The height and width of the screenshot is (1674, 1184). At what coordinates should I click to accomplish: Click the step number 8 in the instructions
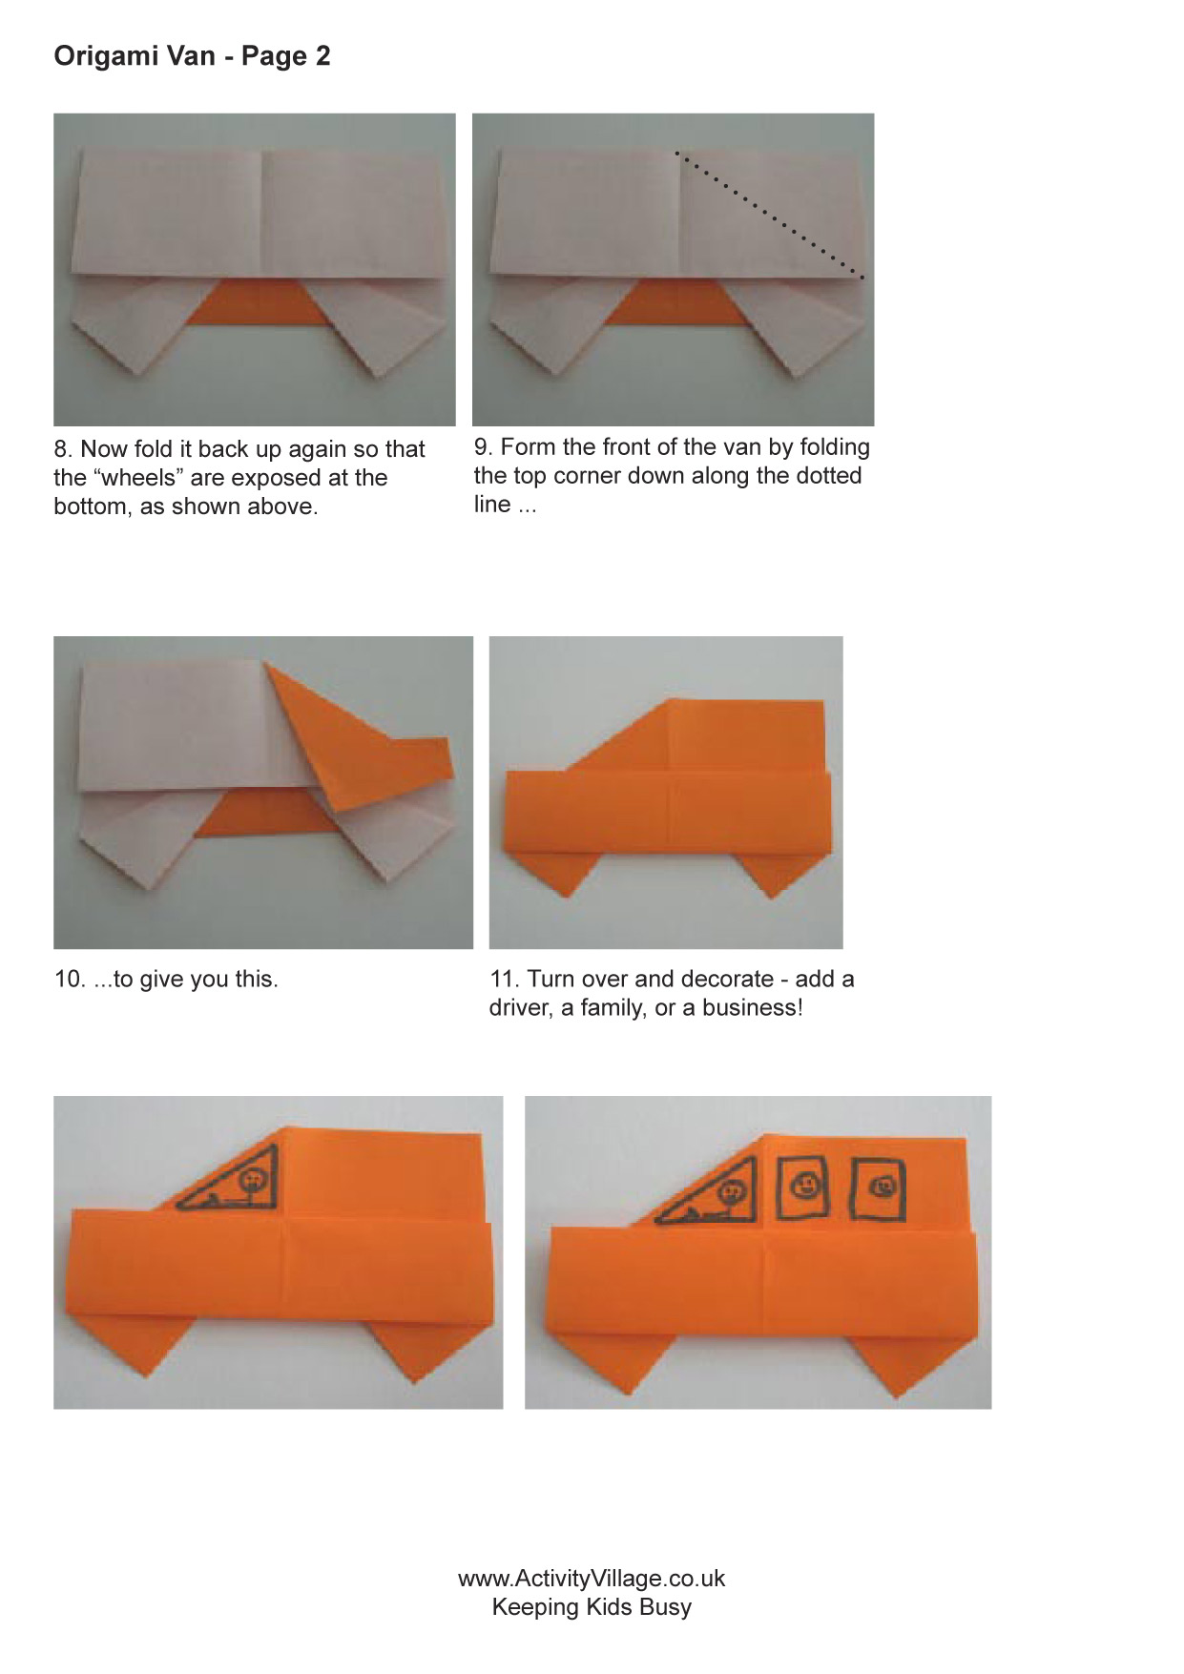(x=62, y=449)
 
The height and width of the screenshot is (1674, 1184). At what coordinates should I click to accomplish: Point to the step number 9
(x=482, y=447)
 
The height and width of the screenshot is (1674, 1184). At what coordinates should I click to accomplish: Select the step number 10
(x=70, y=980)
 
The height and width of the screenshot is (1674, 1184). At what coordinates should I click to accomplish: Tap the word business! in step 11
(x=753, y=1008)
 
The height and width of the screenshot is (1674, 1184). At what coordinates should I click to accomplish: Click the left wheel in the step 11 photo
(x=563, y=874)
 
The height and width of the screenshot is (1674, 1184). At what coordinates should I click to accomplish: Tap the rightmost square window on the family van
(x=878, y=1188)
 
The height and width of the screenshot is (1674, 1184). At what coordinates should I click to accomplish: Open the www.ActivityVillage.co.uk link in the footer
(x=592, y=1579)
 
